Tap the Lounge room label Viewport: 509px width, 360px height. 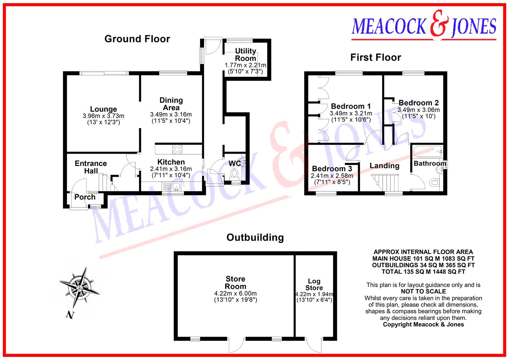click(103, 109)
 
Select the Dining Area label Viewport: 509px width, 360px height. click(171, 104)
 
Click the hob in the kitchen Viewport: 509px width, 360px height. click(177, 149)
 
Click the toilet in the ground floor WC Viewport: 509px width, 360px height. click(235, 174)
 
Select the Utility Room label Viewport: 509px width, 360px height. click(246, 54)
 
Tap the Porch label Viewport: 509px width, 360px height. click(85, 197)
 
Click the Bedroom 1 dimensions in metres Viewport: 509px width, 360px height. click(351, 113)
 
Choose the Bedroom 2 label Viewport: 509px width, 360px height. click(419, 103)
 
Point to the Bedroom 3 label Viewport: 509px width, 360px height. click(332, 169)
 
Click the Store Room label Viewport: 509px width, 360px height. click(235, 283)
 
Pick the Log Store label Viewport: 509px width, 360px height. click(314, 284)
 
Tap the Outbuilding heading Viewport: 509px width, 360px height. click(255, 237)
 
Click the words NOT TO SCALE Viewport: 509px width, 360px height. click(423, 291)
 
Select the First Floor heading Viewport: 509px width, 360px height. click(376, 57)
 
